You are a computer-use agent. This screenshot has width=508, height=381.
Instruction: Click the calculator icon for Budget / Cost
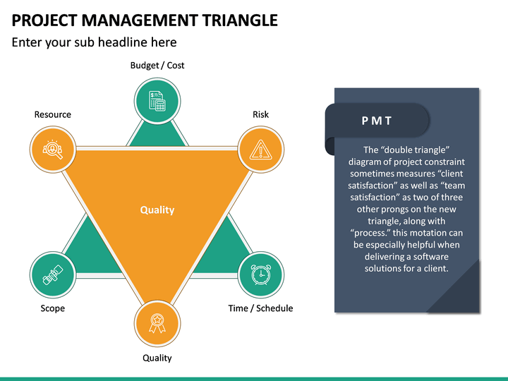[157, 101]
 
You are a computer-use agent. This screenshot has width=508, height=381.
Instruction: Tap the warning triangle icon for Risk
[260, 150]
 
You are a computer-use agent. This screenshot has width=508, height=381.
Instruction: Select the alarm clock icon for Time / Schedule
[260, 274]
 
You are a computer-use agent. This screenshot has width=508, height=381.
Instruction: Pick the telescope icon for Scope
[53, 274]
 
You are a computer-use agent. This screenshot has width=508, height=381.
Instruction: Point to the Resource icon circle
[53, 150]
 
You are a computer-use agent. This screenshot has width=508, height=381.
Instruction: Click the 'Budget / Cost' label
[157, 66]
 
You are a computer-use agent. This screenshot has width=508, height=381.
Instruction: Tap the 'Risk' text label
[260, 114]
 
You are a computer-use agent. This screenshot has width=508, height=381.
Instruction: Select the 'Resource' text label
[53, 114]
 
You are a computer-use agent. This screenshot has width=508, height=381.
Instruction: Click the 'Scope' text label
[53, 308]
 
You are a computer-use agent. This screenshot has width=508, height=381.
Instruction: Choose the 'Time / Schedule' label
[260, 308]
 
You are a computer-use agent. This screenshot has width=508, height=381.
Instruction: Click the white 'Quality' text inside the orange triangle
[157, 210]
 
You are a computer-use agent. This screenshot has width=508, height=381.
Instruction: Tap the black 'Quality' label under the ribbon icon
[157, 358]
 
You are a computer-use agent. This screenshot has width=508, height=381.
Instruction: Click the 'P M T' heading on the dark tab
[377, 121]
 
